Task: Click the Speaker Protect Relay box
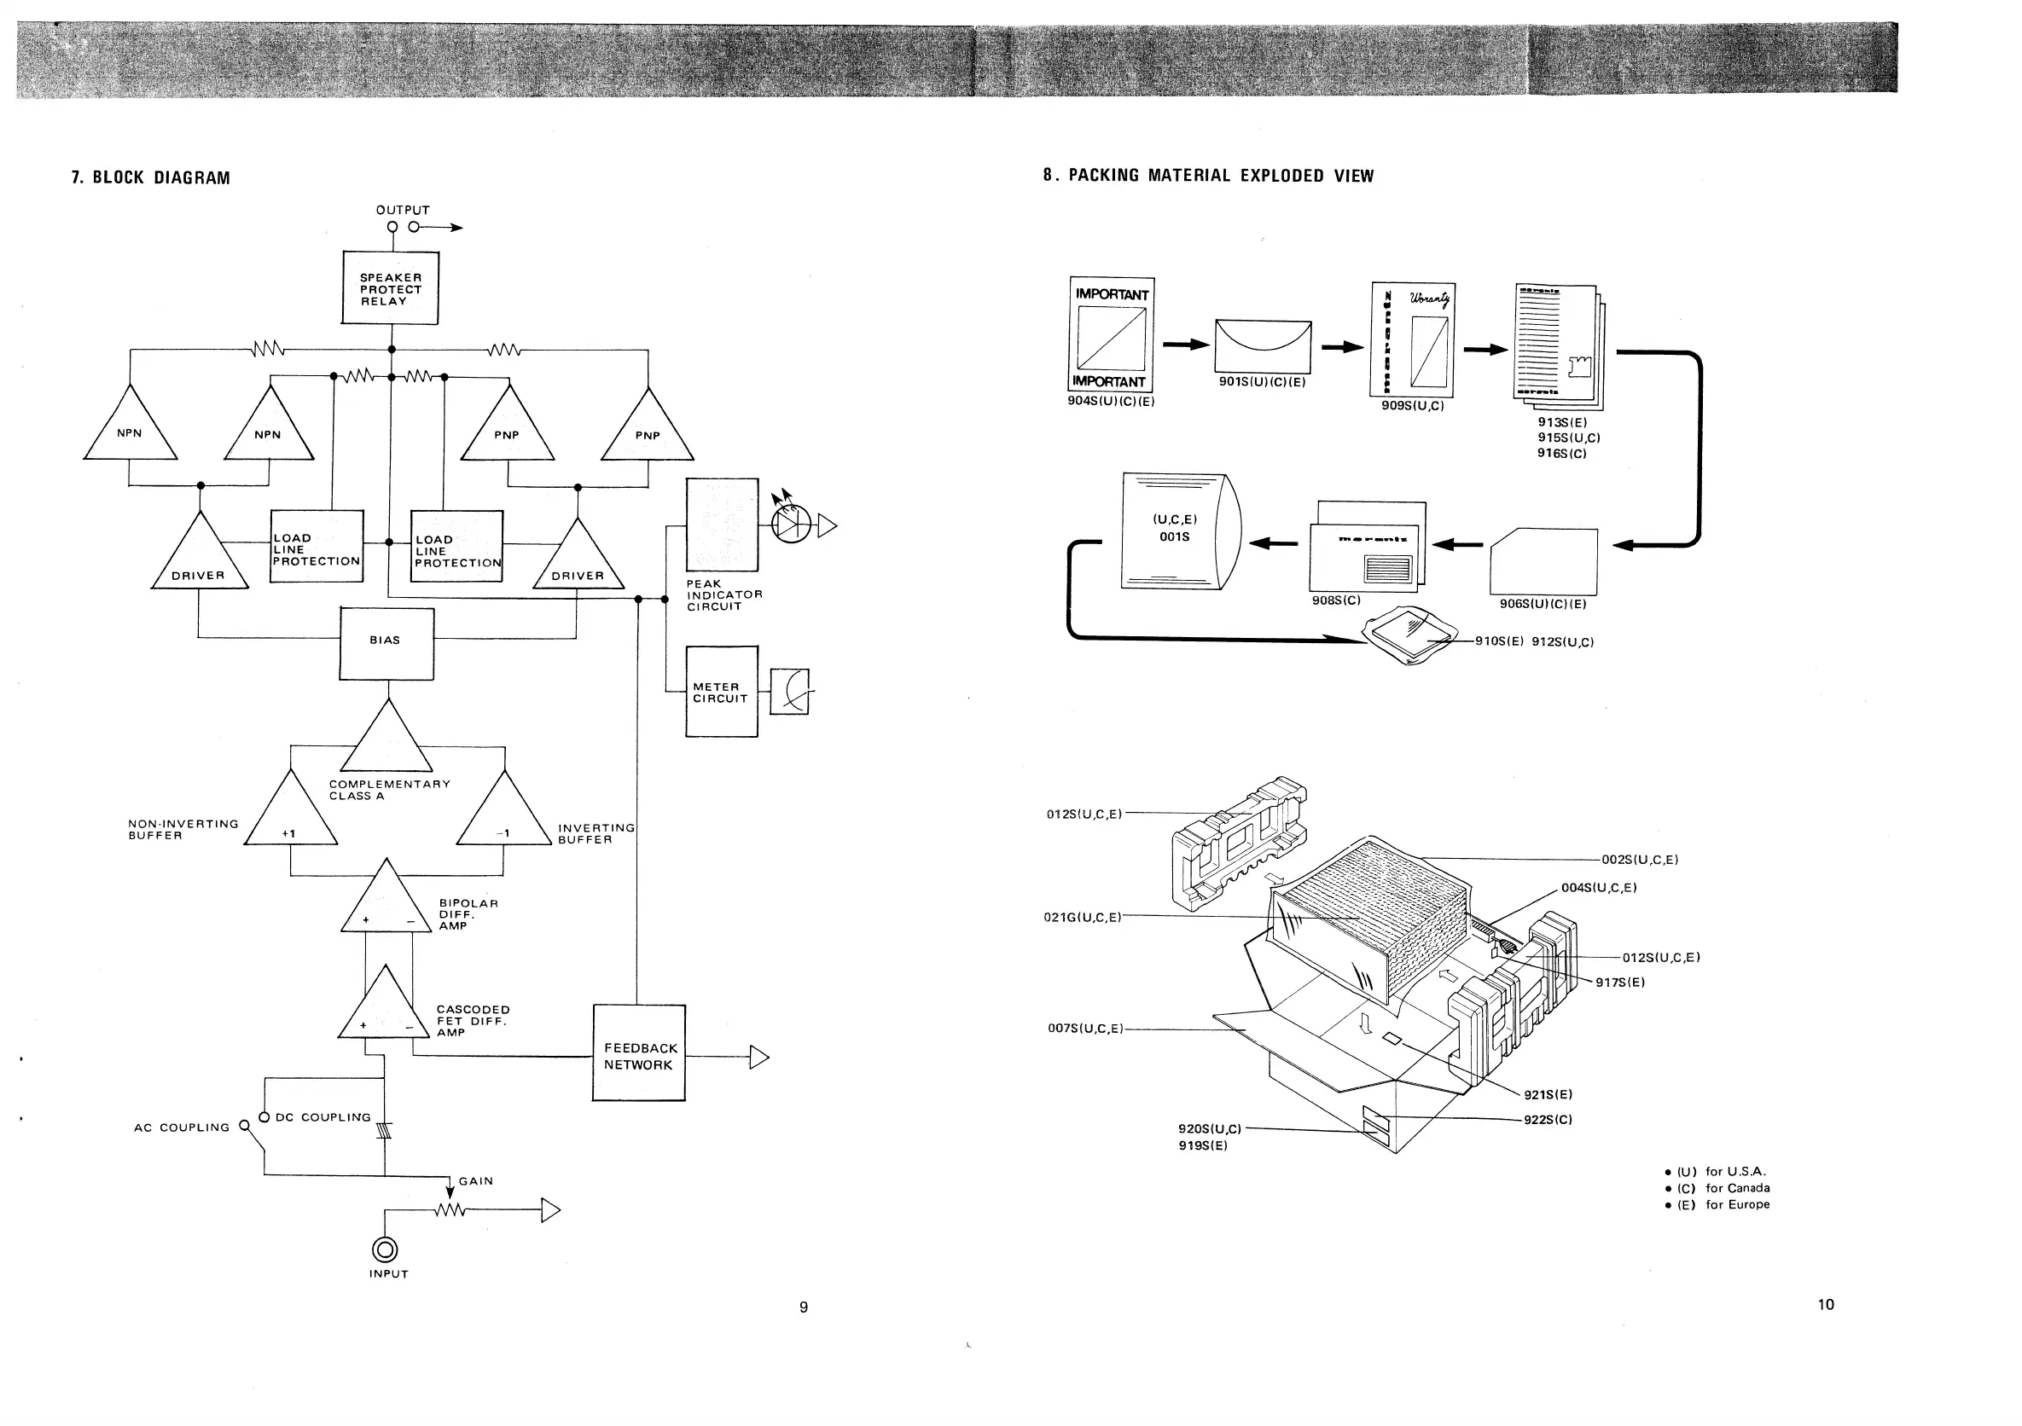[x=390, y=289]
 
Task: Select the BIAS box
[x=386, y=643]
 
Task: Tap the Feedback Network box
[x=638, y=1053]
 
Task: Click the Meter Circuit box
[x=721, y=692]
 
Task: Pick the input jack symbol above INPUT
[x=385, y=1249]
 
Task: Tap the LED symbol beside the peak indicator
[x=789, y=525]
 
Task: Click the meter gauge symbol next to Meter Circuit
[x=790, y=691]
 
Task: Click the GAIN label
[x=475, y=1181]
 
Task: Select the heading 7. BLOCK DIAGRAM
[x=151, y=177]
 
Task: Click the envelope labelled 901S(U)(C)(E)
[x=1262, y=346]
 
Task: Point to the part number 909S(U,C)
[x=1413, y=407]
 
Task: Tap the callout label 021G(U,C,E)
[x=1083, y=917]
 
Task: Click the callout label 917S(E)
[x=1619, y=983]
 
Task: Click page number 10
[x=1826, y=1305]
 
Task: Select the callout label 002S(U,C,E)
[x=1639, y=860]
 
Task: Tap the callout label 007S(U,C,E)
[x=1085, y=1028]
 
